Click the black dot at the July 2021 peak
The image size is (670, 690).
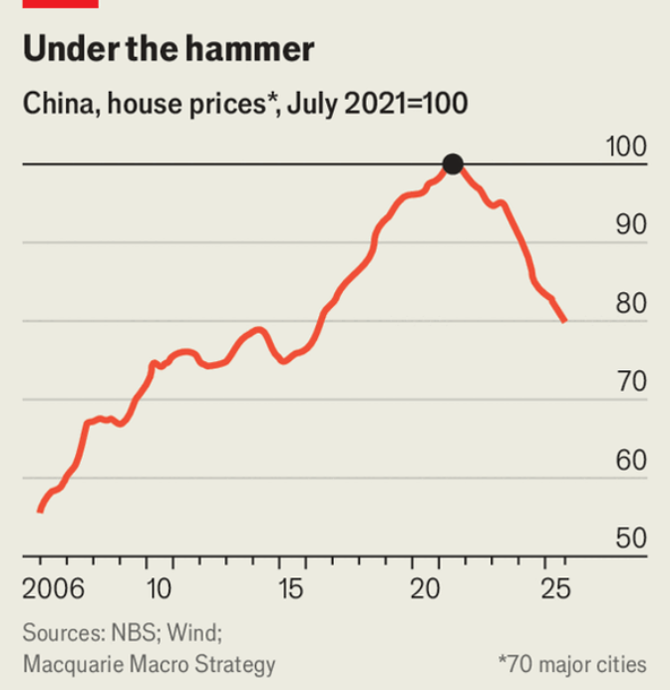(x=453, y=165)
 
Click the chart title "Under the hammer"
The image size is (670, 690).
(x=168, y=50)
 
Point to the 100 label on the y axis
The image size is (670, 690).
(x=626, y=147)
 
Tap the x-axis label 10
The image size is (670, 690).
(x=160, y=588)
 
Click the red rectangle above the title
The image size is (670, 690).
(x=60, y=3)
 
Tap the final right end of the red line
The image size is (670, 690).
(x=565, y=321)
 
